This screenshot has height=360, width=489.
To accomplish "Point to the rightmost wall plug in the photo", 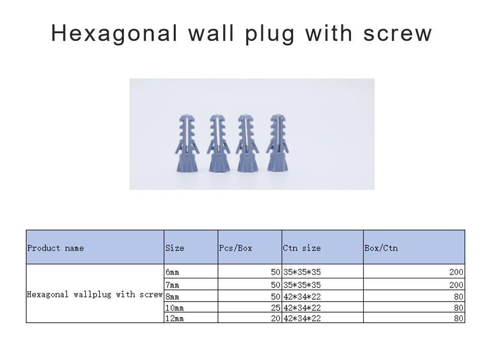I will (x=277, y=143).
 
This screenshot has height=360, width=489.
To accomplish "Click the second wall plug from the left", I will (x=217, y=143).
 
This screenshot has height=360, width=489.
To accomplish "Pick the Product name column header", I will (x=56, y=248).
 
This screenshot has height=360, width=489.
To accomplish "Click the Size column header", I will (x=175, y=248).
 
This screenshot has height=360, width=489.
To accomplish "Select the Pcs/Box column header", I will (x=236, y=248).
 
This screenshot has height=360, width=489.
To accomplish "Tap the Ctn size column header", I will (x=302, y=248).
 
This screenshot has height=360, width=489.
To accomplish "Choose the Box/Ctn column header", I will (x=381, y=248).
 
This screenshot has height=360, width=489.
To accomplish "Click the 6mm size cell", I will (x=172, y=272).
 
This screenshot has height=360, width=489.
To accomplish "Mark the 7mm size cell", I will (x=172, y=285).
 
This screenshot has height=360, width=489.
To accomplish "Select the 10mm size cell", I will (x=174, y=308).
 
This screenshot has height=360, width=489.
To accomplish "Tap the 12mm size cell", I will (x=174, y=318).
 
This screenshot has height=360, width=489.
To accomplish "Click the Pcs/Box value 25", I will (x=275, y=308).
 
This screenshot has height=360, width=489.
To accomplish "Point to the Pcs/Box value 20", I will (x=275, y=318).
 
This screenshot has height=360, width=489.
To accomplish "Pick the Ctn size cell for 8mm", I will (x=302, y=297).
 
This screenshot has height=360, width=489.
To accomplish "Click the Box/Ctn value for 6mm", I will (x=456, y=272).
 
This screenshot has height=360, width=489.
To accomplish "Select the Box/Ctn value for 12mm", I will (x=458, y=318).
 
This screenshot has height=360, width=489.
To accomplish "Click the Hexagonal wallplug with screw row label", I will (x=95, y=294).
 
